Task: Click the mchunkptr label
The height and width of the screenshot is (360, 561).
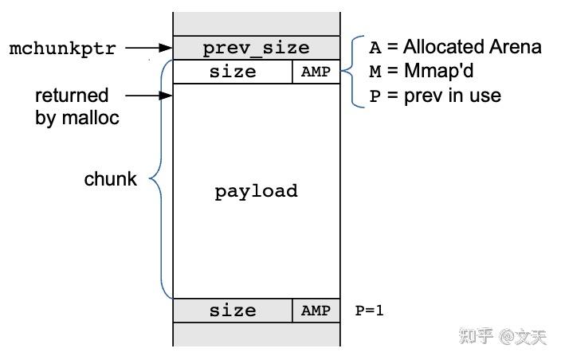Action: pos(62,49)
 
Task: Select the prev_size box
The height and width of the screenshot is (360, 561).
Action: pos(256,48)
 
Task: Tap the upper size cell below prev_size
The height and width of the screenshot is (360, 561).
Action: pos(233,72)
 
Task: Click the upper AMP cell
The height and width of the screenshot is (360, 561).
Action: pos(316,72)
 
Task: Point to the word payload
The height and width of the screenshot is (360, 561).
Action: pos(256,191)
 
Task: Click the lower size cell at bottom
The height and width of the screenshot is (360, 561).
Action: pos(233,311)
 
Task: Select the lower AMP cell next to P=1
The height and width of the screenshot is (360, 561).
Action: pos(316,311)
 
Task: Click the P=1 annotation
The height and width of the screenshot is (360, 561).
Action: pos(369,311)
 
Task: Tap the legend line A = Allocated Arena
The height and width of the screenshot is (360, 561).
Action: pos(454,47)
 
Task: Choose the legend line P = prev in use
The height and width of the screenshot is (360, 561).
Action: pos(434,96)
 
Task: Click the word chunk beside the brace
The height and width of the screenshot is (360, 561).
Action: pos(110,179)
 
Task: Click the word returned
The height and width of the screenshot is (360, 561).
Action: pos(71,96)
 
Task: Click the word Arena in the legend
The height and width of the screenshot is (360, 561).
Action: pos(516,47)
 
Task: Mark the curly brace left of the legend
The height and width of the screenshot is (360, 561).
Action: pos(351,72)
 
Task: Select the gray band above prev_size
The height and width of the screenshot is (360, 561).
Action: pos(256,24)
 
